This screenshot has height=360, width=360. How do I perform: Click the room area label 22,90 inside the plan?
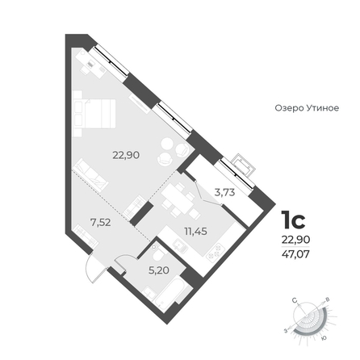(126, 155)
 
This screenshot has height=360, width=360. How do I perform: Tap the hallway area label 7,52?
(101, 222)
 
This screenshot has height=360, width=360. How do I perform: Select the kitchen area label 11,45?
(195, 231)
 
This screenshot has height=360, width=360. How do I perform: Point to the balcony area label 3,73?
(224, 192)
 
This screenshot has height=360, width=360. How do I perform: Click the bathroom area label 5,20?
(159, 270)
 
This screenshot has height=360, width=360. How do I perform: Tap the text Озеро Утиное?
(307, 108)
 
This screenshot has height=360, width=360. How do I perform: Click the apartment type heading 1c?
(293, 220)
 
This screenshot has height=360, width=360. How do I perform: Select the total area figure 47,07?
(295, 253)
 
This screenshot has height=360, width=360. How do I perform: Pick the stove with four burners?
(216, 253)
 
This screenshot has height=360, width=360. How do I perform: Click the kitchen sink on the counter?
(179, 245)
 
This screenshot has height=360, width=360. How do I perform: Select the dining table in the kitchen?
(178, 199)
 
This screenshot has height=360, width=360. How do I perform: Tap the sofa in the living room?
(90, 175)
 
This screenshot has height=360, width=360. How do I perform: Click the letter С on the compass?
(295, 299)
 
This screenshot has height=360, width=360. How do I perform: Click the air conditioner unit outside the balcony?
(244, 165)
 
